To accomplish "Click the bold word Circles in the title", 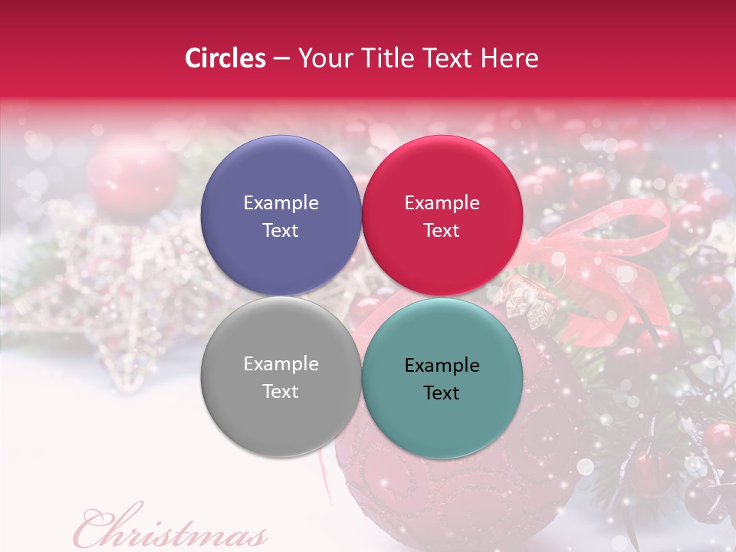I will [x=225, y=58].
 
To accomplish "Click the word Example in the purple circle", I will [x=281, y=203].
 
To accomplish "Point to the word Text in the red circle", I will [x=442, y=231].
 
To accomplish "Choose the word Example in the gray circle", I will [x=281, y=364].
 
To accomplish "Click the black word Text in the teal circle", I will [x=442, y=393].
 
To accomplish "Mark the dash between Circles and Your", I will [x=281, y=59].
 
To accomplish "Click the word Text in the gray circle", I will [x=281, y=392].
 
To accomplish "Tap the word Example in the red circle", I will [x=442, y=203].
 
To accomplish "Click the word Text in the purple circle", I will [x=281, y=231].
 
